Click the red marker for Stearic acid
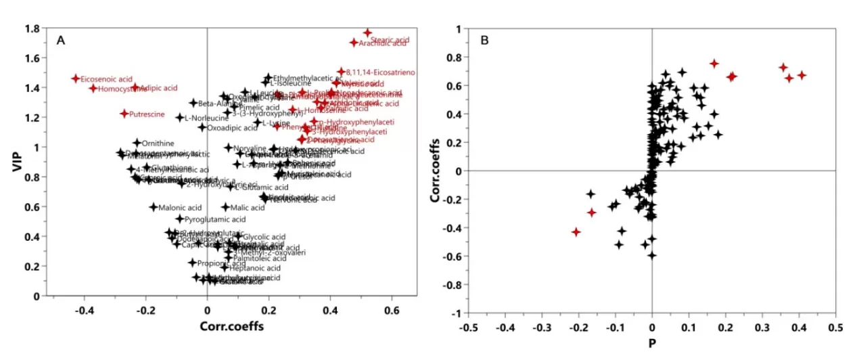pos(367,32)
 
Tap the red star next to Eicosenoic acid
pos(76,78)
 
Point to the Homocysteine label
pos(118,89)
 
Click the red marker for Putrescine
pos(124,114)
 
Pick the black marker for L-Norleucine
pos(180,118)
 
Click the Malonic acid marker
pos(153,207)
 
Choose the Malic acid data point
pos(225,207)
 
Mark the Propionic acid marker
pos(192,263)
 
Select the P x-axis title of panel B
pos(652,343)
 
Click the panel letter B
pos(484,41)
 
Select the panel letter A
pos(60,41)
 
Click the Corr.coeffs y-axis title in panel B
pos(436,171)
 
